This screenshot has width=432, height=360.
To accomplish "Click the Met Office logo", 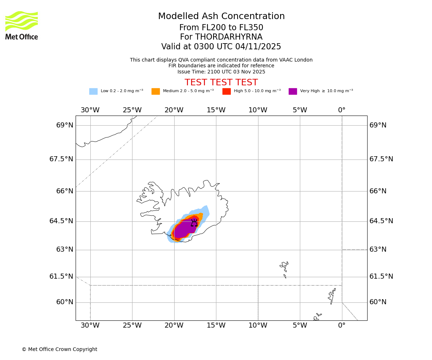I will point(22,25).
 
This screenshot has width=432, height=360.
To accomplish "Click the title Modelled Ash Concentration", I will point(221,17).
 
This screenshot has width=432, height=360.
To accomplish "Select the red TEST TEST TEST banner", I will point(221,83).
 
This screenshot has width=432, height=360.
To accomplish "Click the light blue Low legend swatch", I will point(93,91).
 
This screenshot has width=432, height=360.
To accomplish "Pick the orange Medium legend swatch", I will point(156,91).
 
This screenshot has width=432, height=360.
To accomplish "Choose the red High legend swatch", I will point(226,91).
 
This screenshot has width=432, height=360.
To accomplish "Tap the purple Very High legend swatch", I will point(293,91).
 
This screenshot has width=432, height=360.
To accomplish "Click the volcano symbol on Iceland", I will point(194,223).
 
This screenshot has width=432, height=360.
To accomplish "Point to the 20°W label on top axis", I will point(174,110).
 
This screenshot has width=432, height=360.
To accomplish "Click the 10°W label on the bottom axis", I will point(258,326).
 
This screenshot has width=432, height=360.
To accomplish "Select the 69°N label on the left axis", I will point(65,125).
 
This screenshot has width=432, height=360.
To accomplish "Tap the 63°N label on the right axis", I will point(378,249).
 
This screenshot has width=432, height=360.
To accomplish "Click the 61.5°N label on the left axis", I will point(61,276).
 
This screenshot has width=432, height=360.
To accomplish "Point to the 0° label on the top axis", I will point(342,110).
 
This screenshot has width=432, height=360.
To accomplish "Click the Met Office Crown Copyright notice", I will point(59,350).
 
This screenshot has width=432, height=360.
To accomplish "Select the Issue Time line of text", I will point(221,72).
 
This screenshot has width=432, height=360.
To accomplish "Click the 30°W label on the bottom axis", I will point(90,326).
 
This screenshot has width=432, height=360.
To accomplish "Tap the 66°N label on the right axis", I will point(378,191).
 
